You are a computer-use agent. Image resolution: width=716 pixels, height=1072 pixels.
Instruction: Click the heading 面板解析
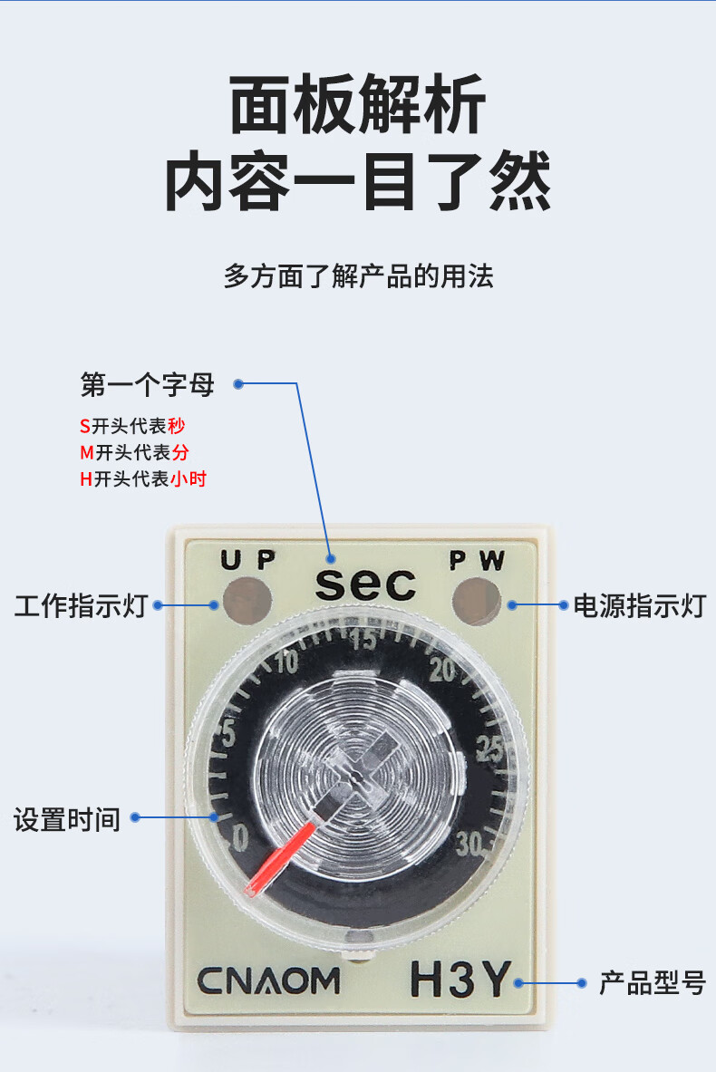pos(358,106)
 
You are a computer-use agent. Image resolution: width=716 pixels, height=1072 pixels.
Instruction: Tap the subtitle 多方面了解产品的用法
pos(358,275)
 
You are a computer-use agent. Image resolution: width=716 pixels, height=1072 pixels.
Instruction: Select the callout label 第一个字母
pos(148,385)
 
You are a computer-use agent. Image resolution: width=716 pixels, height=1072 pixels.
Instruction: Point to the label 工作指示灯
pos(81,605)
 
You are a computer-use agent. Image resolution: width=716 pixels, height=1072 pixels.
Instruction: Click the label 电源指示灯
pos(639,605)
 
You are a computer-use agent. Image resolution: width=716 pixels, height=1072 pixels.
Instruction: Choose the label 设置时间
pos(67,819)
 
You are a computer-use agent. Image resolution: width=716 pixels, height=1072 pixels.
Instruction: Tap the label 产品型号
pos(652,982)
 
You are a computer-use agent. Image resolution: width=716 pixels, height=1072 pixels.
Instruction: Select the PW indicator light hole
pos(478,599)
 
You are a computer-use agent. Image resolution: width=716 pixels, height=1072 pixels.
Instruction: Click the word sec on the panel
pos(365,584)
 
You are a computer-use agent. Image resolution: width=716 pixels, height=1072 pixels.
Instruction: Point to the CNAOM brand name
pos(268,980)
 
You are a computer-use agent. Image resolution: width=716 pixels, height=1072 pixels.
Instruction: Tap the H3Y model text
pos(460,980)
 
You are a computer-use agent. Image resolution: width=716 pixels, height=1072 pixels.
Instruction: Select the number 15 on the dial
pos(363,641)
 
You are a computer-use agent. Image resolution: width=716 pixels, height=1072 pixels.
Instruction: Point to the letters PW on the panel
pos(478,560)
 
